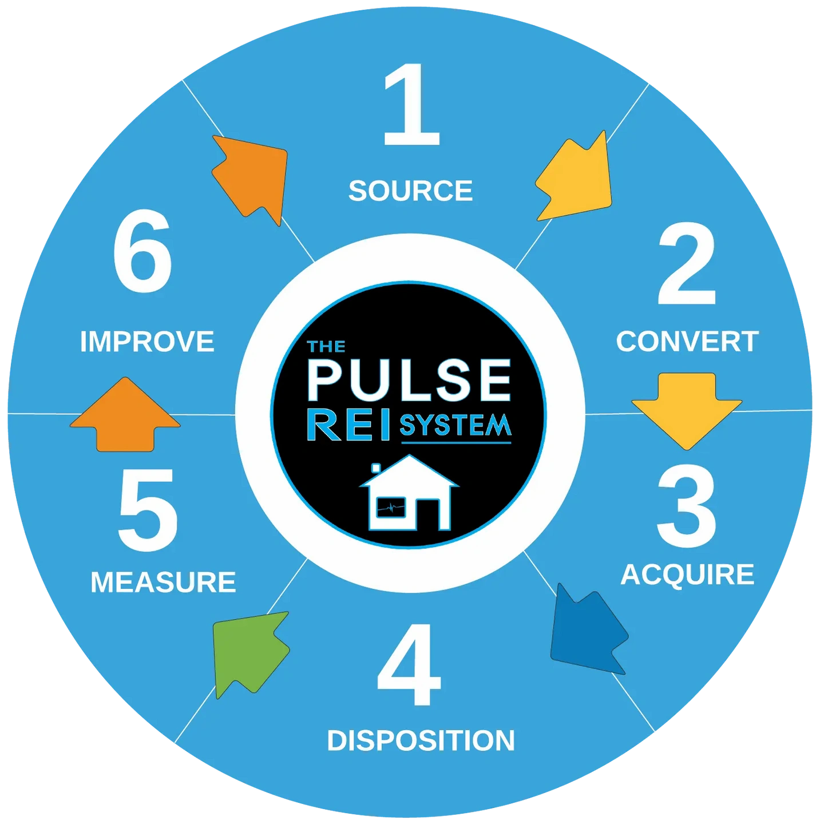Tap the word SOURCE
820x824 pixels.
tap(410, 191)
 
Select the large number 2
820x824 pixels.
tap(686, 264)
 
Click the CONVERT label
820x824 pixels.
tap(687, 342)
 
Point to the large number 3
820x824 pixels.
tap(686, 506)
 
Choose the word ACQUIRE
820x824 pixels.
tap(687, 575)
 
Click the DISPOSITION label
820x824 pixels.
tap(421, 740)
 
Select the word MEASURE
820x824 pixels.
tap(163, 583)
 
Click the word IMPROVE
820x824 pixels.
tap(147, 342)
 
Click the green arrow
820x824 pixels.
tap(247, 649)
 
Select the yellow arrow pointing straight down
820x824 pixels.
tap(687, 407)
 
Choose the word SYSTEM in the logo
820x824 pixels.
tap(455, 426)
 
